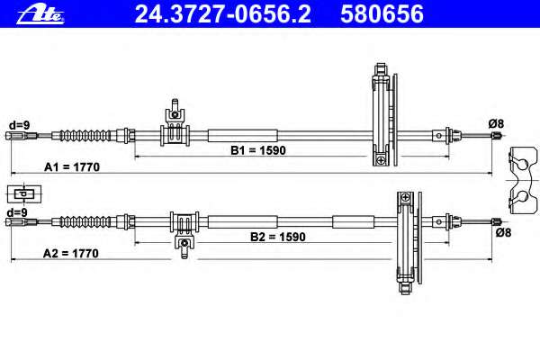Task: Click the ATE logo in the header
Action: pos(40,14)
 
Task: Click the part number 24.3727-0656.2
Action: pos(223,14)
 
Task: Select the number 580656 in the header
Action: pos(382,14)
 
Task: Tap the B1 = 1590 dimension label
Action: pos(258,150)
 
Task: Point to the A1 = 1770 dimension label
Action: pos(72,167)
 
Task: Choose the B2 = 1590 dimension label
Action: pos(278,237)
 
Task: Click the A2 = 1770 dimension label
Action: pos(71,254)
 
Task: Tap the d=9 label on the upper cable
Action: pos(19,125)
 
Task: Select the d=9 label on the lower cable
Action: pos(17,212)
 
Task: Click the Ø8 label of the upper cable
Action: pos(496,123)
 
